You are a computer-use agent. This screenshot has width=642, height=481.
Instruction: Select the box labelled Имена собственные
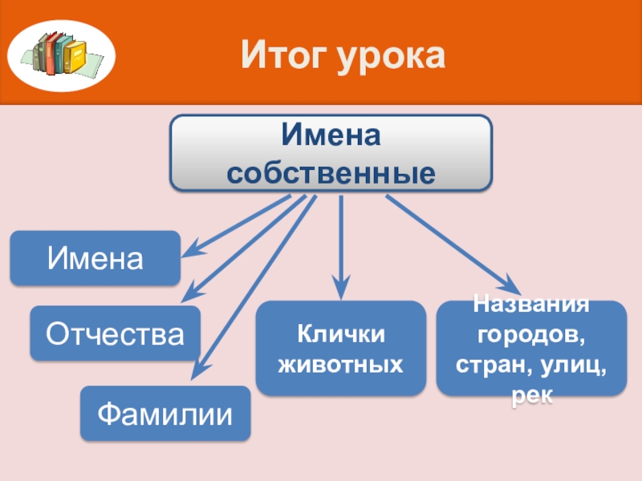point(331,153)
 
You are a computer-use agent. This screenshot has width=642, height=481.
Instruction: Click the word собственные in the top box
point(331,172)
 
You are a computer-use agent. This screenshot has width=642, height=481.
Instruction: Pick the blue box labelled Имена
point(95,258)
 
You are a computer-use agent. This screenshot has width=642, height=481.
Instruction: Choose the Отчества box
point(116,333)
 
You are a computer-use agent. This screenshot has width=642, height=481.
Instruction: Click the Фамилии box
point(165,414)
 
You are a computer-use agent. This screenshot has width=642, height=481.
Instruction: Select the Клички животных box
point(340,348)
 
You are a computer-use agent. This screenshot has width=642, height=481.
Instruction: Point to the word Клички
point(340,333)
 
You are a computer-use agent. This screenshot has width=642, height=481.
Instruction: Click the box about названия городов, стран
point(531,348)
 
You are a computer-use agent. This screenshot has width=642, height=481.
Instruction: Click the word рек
point(531,396)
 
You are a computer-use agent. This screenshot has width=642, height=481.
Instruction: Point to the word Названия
point(531,305)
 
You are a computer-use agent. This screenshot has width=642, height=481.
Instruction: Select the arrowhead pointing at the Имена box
point(189,250)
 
